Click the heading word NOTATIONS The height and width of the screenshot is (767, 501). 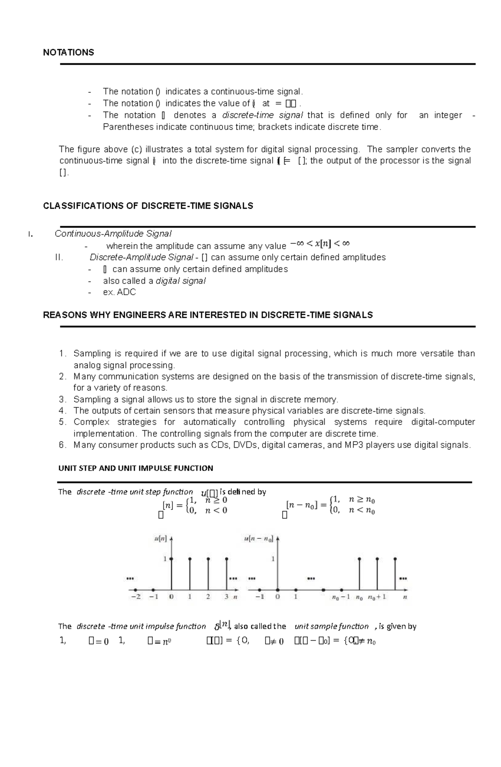coord(68,52)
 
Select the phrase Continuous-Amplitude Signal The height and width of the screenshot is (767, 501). coord(113,234)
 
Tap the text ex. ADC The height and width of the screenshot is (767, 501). coord(119,292)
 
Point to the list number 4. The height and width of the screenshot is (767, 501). coord(62,410)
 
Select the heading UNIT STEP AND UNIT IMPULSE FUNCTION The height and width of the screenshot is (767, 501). coord(136,468)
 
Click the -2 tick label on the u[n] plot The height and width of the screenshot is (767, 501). coord(136,597)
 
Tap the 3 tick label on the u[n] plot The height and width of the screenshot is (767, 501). coord(226,597)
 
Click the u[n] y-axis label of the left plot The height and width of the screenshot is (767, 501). coord(160,539)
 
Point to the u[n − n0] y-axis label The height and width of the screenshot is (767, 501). coord(258,539)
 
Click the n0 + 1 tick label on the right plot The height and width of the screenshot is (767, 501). coord(377,597)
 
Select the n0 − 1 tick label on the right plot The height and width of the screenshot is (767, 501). coord(341,597)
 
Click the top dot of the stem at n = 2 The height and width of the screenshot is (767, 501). coord(208,559)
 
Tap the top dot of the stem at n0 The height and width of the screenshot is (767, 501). coord(359,559)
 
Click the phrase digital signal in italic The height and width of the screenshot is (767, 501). coord(180,281)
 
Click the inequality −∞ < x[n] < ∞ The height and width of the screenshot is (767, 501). coord(320,244)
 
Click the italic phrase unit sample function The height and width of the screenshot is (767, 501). coord(331,626)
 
